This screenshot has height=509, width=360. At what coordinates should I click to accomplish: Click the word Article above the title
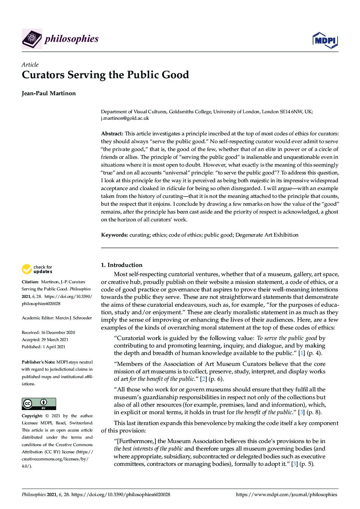(x=30, y=65)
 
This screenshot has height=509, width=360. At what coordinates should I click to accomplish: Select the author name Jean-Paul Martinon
(x=49, y=93)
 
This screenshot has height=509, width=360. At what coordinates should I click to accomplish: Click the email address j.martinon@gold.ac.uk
(x=125, y=118)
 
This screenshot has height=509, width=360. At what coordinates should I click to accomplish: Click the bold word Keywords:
(x=114, y=235)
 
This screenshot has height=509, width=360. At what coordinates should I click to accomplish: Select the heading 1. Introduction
(x=121, y=265)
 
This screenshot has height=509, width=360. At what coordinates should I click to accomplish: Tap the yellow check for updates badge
(x=37, y=269)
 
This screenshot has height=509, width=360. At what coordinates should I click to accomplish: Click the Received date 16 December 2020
(x=58, y=332)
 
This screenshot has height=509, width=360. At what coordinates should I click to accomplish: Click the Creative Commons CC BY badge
(x=39, y=404)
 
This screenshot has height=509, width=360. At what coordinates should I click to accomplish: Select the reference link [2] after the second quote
(x=203, y=379)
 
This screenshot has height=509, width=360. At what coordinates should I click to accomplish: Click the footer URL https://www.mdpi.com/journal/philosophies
(x=287, y=495)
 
